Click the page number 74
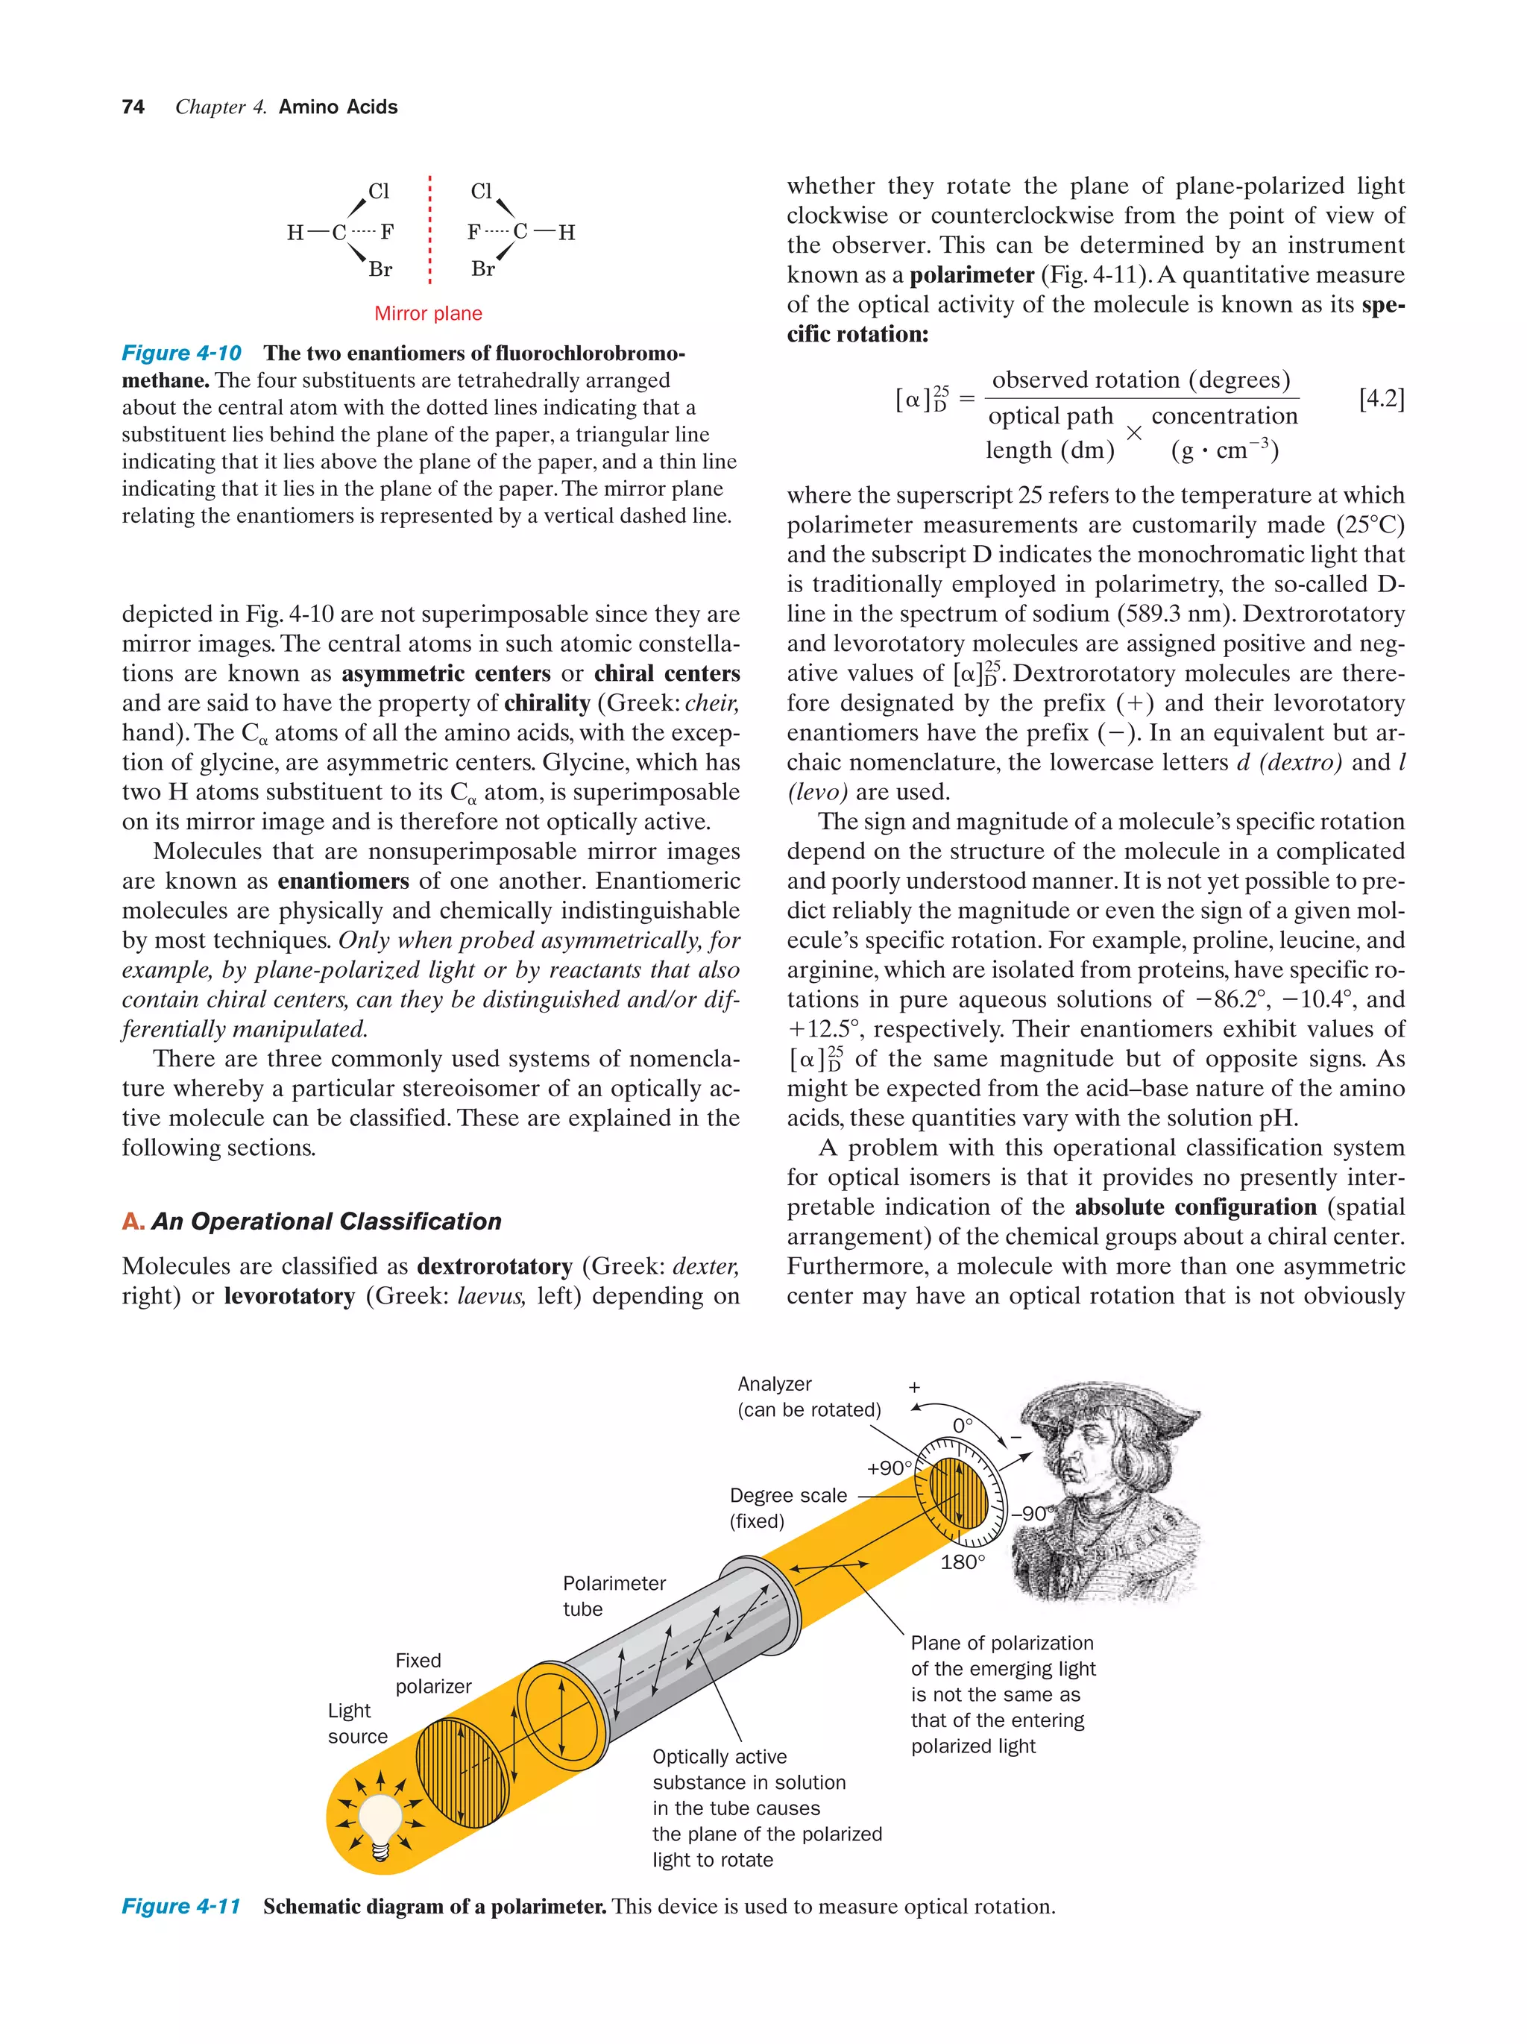pos(133,107)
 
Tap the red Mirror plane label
pos(428,313)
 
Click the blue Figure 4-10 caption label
pos(181,353)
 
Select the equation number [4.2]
pos(1381,398)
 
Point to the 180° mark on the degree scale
pos(963,1562)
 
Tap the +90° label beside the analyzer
pos(888,1468)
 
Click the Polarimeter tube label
pos(614,1596)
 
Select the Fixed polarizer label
pos(433,1673)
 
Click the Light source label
pos(357,1723)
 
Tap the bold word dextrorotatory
pos(494,1266)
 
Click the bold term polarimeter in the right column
pos(971,275)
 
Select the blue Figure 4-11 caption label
pos(181,1906)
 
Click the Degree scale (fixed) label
pos(787,1508)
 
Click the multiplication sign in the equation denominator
pos(1133,433)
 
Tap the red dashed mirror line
pos(429,231)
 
